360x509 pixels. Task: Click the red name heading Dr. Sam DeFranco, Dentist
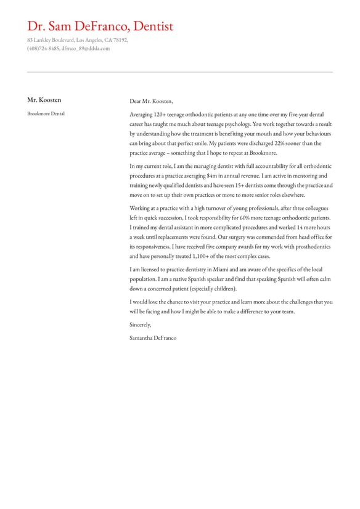(x=100, y=26)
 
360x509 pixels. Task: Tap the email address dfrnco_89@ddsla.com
(x=86, y=48)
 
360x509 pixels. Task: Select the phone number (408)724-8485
(x=43, y=48)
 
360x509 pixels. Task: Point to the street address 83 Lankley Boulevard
(x=50, y=40)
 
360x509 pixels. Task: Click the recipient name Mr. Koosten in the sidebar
(x=44, y=100)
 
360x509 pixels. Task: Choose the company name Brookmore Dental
(x=46, y=114)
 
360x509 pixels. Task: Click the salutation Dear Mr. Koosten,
(x=151, y=101)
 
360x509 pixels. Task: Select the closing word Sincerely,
(x=140, y=325)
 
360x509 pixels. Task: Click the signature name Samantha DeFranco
(x=153, y=337)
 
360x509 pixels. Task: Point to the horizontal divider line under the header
(x=180, y=72)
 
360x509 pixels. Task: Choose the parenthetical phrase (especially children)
(x=213, y=289)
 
